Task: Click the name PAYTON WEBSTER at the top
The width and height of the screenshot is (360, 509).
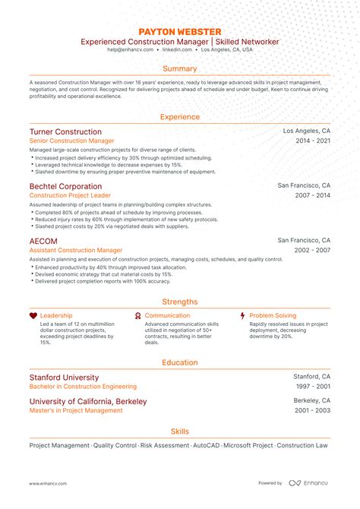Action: coord(180,31)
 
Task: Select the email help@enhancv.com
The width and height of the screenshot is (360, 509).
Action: coord(131,49)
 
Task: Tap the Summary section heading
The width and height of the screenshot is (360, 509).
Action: coord(180,68)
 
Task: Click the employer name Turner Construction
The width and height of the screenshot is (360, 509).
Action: coord(66,131)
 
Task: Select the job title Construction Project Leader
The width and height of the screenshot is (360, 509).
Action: coord(68,195)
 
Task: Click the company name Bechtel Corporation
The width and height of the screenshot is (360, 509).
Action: coord(65,186)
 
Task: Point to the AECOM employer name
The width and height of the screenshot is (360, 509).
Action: coord(43,241)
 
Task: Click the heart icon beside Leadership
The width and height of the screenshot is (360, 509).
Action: coord(33,315)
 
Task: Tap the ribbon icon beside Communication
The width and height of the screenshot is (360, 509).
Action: coord(137,315)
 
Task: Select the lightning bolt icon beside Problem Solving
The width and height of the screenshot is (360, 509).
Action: coord(242,315)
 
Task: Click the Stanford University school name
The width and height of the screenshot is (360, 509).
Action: coord(64,377)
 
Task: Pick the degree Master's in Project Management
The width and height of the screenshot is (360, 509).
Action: coord(76,410)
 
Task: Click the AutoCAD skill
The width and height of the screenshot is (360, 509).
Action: coord(205,445)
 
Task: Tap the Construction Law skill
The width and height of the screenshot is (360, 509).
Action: coord(302,445)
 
